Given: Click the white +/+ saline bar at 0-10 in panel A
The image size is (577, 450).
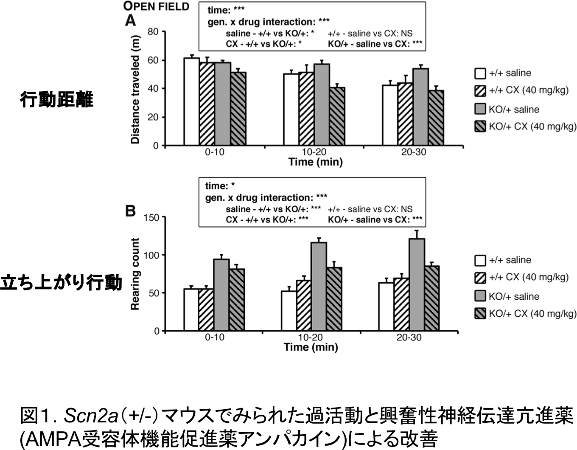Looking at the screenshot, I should tap(192, 102).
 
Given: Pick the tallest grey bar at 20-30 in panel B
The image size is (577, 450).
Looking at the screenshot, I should tap(417, 285).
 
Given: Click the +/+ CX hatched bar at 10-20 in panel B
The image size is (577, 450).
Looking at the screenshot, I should tap(304, 306).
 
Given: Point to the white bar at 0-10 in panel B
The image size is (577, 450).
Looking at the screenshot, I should tap(191, 310).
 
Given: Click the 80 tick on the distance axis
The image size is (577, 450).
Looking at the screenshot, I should tap(153, 32).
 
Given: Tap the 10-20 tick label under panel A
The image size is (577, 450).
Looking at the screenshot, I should tap(314, 152).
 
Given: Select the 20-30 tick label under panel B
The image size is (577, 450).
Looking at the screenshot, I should tap(409, 338).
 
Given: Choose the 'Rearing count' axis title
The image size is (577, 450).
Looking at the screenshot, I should tap(135, 274).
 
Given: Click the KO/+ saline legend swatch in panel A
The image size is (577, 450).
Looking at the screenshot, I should tap(480, 109).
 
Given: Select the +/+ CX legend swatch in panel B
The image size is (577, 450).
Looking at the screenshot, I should tap(480, 277).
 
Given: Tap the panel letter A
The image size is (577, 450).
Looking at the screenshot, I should tap(130, 20).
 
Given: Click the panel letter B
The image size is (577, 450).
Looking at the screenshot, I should tap(130, 211).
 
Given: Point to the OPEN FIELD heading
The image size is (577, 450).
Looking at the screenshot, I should tap(156, 6).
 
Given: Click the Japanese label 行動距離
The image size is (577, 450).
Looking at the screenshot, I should tap(56, 100).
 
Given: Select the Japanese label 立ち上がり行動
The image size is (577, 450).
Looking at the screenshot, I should tap(61, 283).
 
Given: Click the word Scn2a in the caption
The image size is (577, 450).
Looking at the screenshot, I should tap(90, 416).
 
